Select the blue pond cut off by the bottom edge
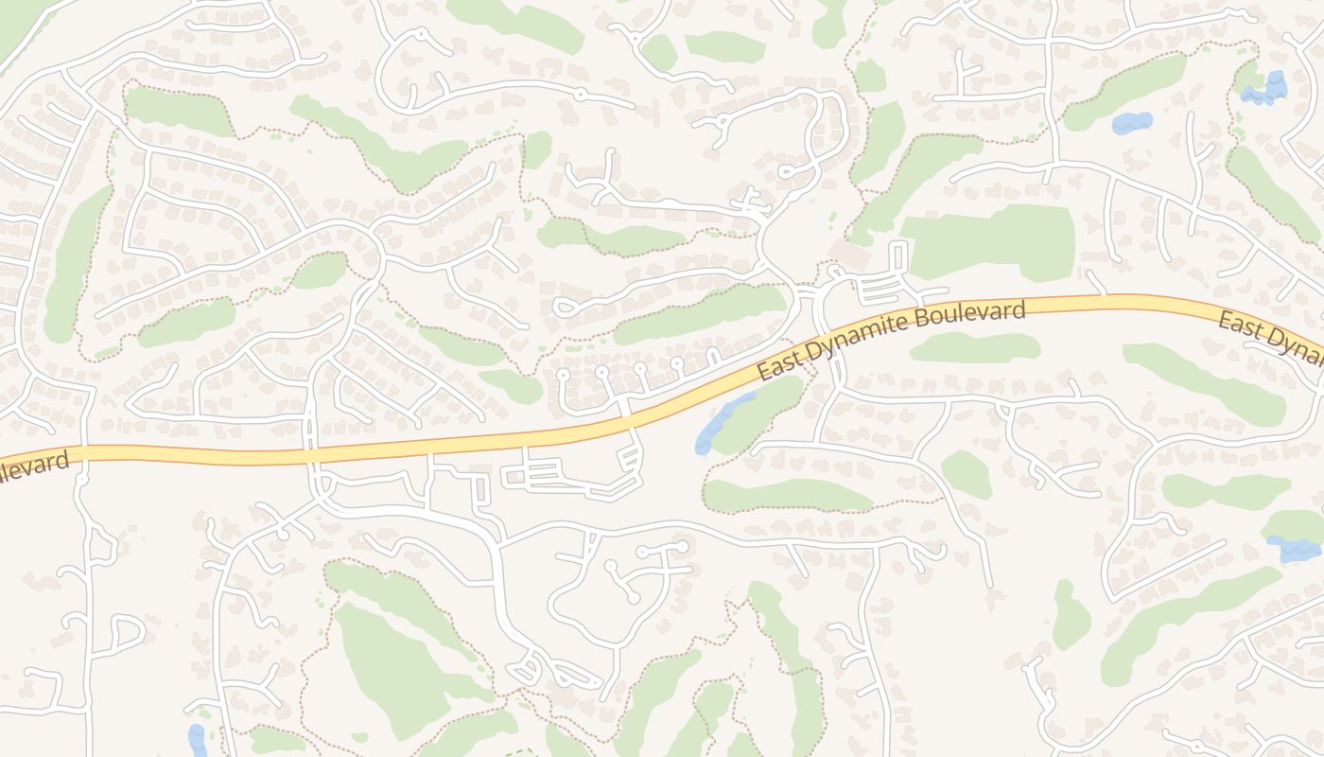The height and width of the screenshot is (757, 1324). click(x=197, y=741)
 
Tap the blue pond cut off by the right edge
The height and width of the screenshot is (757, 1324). click(x=1294, y=549)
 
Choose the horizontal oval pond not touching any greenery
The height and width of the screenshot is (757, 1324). click(x=1132, y=122)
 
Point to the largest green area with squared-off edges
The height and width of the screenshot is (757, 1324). click(x=988, y=242)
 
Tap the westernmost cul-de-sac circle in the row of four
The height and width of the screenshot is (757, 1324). click(x=563, y=376)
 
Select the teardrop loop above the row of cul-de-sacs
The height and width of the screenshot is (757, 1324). click(x=565, y=308)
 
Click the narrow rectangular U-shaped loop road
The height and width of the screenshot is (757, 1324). click(x=898, y=257)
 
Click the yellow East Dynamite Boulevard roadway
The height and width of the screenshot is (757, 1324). click(x=378, y=451)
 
